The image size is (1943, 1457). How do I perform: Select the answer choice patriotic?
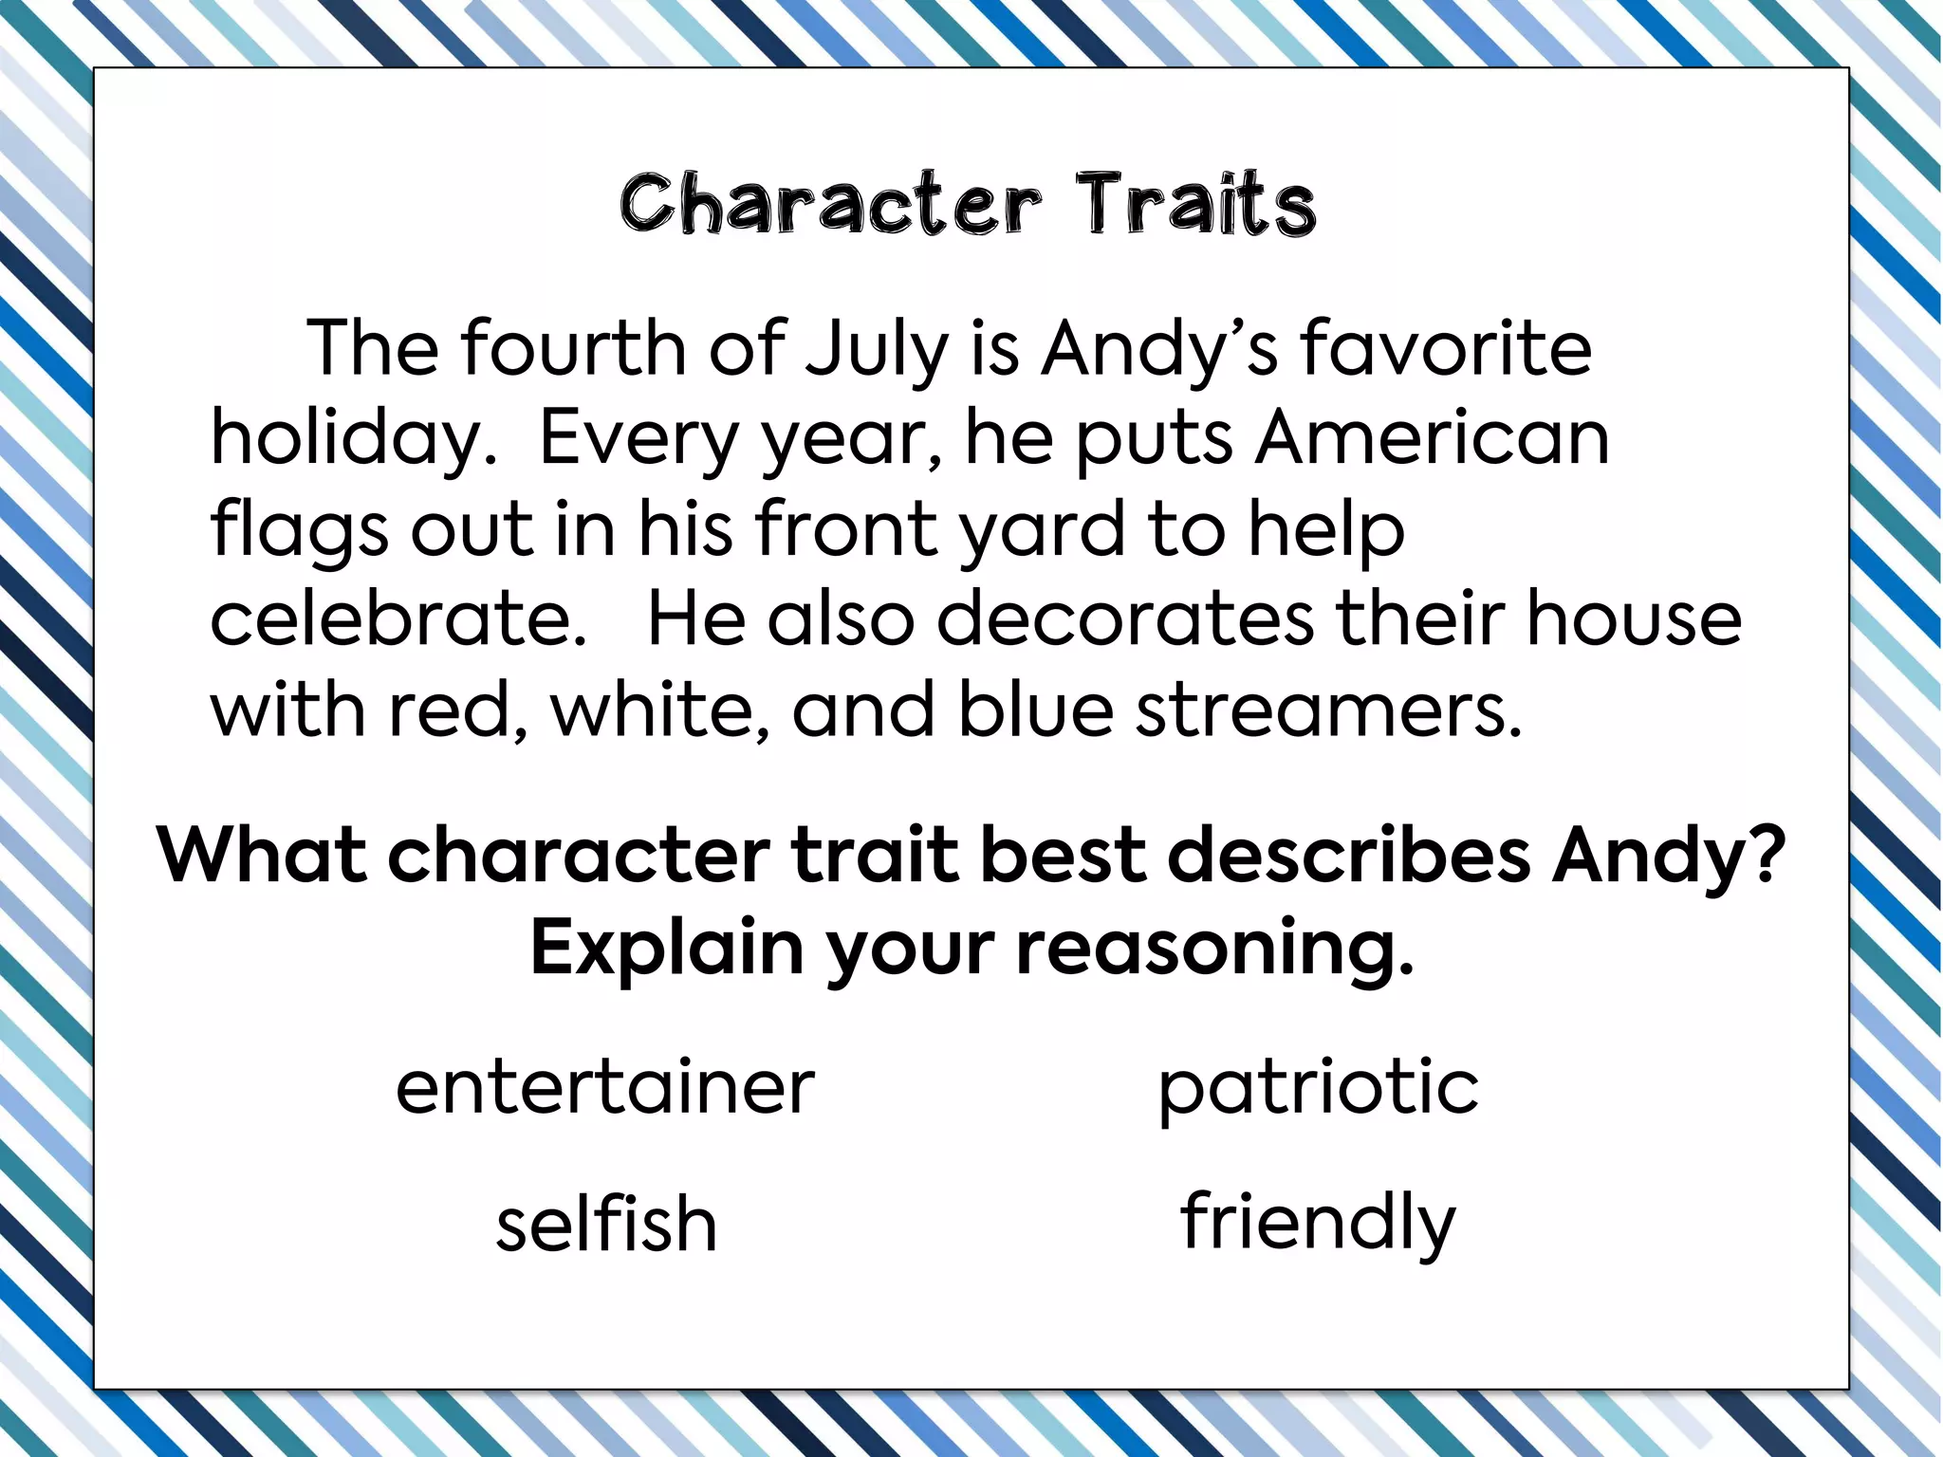(1318, 1088)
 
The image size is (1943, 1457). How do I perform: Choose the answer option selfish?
(606, 1223)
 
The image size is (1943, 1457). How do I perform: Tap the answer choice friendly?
(1318, 1223)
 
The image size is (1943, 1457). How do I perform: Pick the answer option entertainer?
(605, 1087)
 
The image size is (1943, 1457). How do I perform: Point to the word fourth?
(574, 349)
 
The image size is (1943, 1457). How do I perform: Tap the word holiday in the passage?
(353, 439)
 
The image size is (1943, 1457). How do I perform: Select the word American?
(1433, 437)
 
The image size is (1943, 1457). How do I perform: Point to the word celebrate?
(398, 618)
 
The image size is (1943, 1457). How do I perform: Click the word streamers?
(1328, 710)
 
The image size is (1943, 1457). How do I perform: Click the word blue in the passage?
(1035, 710)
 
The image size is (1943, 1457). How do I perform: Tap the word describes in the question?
(1349, 857)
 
